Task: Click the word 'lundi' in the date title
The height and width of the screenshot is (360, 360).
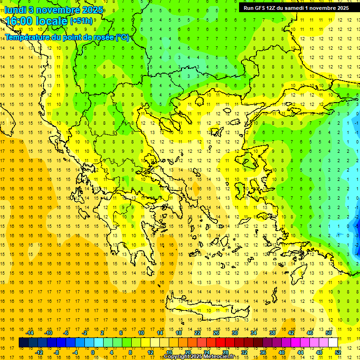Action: click(x=15, y=10)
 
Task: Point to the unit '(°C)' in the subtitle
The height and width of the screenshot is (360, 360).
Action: click(x=122, y=37)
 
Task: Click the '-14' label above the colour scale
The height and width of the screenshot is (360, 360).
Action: click(x=30, y=333)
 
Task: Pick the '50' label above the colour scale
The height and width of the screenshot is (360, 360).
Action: click(x=329, y=333)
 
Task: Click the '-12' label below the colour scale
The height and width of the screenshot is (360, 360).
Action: click(x=39, y=352)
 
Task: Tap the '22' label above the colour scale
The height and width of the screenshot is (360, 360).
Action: click(x=197, y=333)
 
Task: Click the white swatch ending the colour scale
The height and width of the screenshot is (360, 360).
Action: click(x=333, y=343)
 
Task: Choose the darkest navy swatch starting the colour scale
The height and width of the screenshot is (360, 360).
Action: click(x=23, y=343)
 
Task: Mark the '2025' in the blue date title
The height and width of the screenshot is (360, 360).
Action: click(x=82, y=10)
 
